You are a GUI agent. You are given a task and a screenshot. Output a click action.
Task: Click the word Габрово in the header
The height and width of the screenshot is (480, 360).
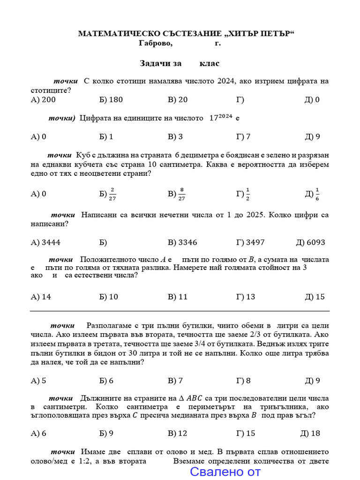[x=156, y=43]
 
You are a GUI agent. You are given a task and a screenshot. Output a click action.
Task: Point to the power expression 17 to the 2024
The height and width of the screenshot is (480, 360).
[x=220, y=118]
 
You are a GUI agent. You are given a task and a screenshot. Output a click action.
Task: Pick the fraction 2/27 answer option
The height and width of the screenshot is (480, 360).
[x=107, y=194]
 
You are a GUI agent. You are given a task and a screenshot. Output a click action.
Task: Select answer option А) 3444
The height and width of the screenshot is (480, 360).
[x=45, y=242]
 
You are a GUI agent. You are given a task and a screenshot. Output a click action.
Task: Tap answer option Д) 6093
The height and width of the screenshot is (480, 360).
[x=310, y=242]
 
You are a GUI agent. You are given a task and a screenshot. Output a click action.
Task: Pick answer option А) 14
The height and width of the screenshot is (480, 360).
[x=41, y=297]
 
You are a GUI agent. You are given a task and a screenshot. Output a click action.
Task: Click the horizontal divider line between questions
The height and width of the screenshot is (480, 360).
[x=180, y=311]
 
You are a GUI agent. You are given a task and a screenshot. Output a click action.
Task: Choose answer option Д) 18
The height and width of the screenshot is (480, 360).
[x=310, y=433]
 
